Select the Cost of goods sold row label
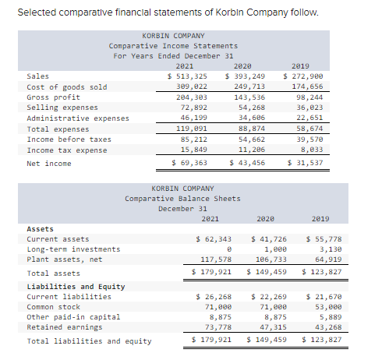67,86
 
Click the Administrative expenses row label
78,118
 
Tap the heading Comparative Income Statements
173,46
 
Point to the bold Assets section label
41,229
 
